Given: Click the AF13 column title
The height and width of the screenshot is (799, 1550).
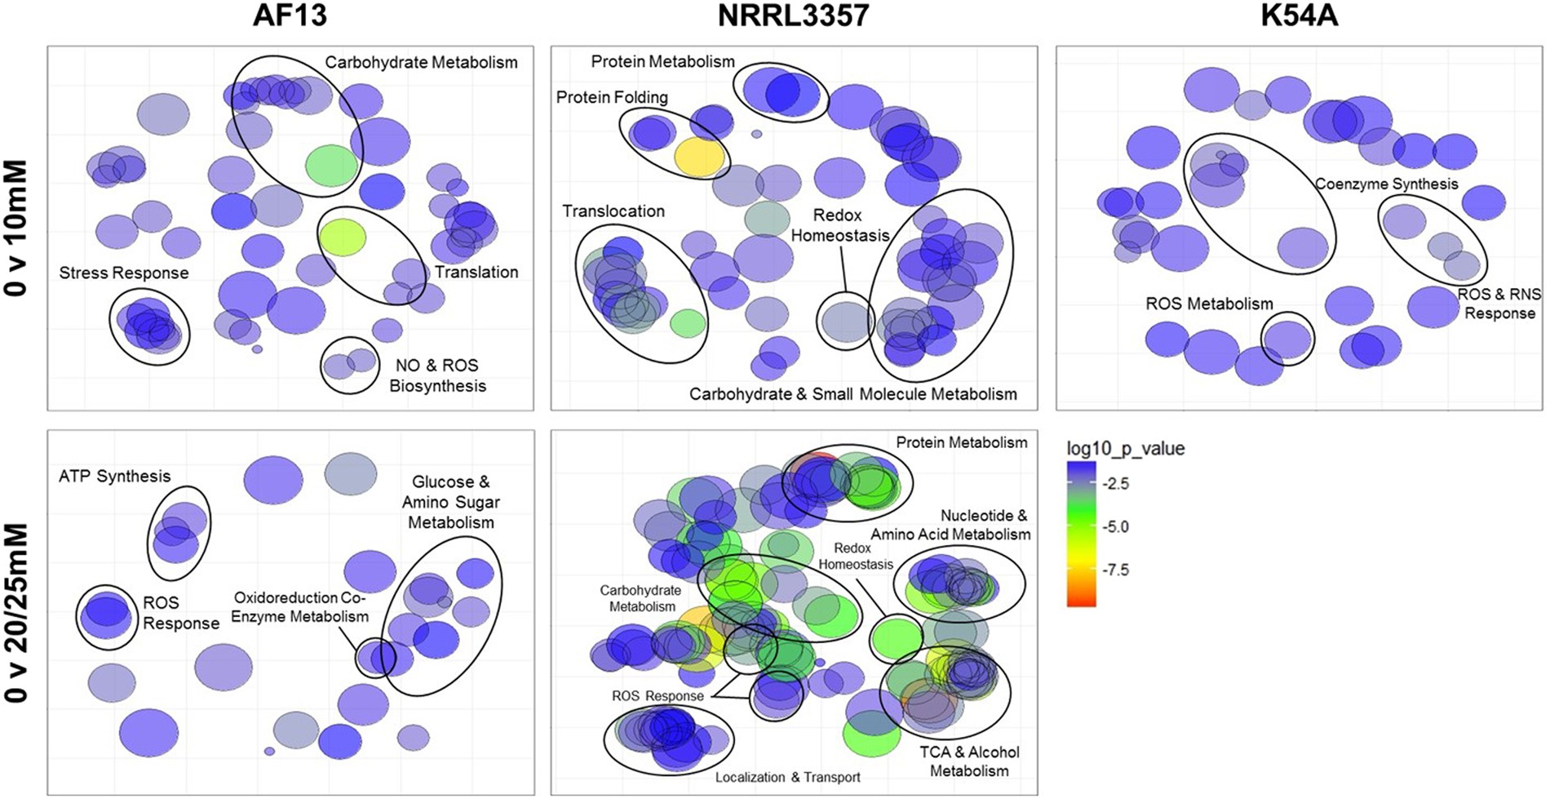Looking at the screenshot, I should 290,16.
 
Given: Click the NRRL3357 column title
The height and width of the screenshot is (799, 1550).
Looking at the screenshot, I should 793,16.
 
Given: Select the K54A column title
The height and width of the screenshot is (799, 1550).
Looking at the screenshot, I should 1299,16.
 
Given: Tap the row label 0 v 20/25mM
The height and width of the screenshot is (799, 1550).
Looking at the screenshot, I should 16,612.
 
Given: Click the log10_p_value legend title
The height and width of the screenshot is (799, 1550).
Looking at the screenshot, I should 1125,449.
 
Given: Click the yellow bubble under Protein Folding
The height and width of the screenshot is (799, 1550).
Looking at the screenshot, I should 699,158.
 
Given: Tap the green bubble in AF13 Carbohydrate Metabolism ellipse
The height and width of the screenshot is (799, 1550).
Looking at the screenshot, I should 331,165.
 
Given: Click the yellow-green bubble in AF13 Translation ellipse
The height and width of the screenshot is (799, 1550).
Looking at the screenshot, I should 343,237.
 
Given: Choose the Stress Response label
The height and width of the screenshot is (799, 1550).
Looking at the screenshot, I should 123,273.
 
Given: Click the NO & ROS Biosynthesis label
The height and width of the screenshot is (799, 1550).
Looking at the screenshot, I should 437,375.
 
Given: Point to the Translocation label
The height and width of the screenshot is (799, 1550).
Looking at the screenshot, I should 613,211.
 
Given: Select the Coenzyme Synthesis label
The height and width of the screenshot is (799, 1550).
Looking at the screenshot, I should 1386,184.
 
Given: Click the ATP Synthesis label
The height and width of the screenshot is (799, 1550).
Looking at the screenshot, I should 114,477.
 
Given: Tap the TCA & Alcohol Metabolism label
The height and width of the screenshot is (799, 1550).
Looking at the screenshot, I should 969,761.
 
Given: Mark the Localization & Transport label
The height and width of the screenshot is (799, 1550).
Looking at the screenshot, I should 787,778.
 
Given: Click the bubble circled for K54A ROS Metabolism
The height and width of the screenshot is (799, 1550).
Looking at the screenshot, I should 1287,338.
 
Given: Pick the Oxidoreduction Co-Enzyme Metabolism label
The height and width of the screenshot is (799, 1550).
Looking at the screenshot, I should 299,607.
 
